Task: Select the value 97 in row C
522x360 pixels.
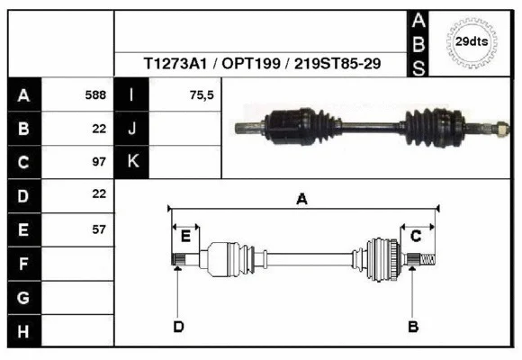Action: click(x=99, y=162)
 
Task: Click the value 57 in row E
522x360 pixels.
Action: click(x=99, y=229)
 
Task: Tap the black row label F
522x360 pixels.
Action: click(x=24, y=263)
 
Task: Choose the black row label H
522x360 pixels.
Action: click(x=24, y=330)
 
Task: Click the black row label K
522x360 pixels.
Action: click(x=132, y=162)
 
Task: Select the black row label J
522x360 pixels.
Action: click(x=132, y=129)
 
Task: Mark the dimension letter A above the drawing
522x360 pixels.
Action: click(x=302, y=200)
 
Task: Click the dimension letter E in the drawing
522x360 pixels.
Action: click(x=185, y=236)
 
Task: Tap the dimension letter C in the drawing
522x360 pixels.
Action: click(x=416, y=236)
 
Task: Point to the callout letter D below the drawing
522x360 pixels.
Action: click(x=178, y=326)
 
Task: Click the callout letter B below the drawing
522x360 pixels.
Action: click(x=413, y=326)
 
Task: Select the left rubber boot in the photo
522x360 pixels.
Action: click(x=297, y=125)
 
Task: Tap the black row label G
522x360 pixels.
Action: click(x=24, y=297)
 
